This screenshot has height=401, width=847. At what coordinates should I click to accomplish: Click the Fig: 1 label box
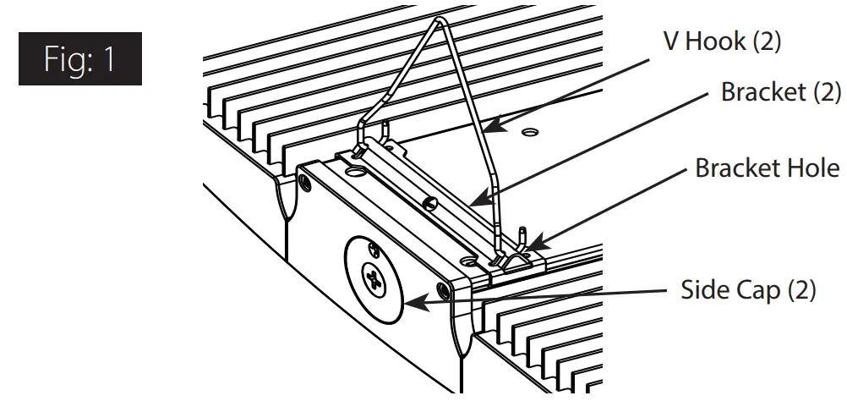click(80, 58)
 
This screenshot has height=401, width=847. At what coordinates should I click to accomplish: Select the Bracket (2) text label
click(780, 93)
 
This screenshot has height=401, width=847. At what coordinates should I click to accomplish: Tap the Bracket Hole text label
click(767, 168)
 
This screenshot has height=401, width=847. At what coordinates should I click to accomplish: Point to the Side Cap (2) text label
click(748, 290)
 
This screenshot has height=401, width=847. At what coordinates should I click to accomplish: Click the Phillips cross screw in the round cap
click(372, 280)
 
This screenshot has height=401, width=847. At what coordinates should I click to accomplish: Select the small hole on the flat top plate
click(529, 132)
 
